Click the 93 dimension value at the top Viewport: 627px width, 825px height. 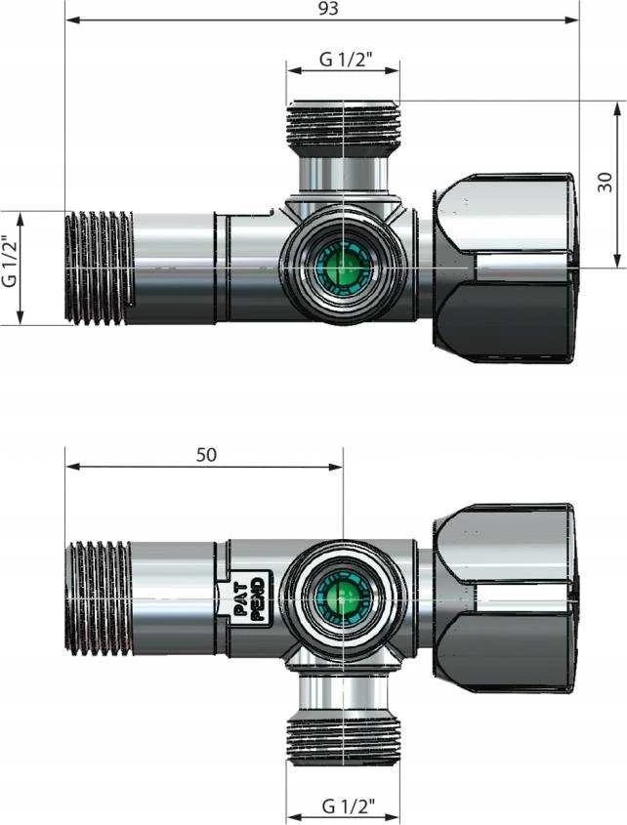coord(328,8)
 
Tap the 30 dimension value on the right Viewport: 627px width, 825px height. coord(606,182)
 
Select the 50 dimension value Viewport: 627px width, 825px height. coord(206,455)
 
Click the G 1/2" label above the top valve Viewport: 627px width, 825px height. coord(343,60)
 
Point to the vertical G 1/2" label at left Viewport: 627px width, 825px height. coord(10,261)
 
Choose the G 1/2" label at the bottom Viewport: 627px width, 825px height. coord(348,805)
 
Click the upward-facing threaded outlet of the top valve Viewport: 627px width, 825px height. coord(343,125)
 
